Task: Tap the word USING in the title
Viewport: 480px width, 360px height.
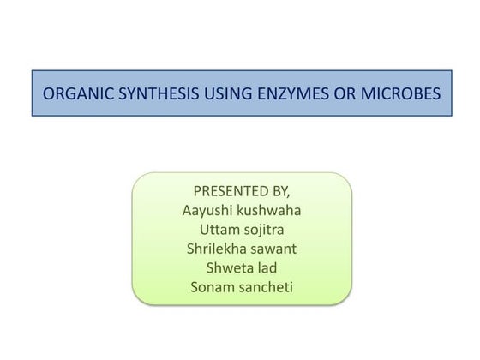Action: (x=225, y=93)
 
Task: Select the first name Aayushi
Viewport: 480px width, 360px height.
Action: (x=208, y=210)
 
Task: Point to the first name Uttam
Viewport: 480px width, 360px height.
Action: (x=219, y=230)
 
